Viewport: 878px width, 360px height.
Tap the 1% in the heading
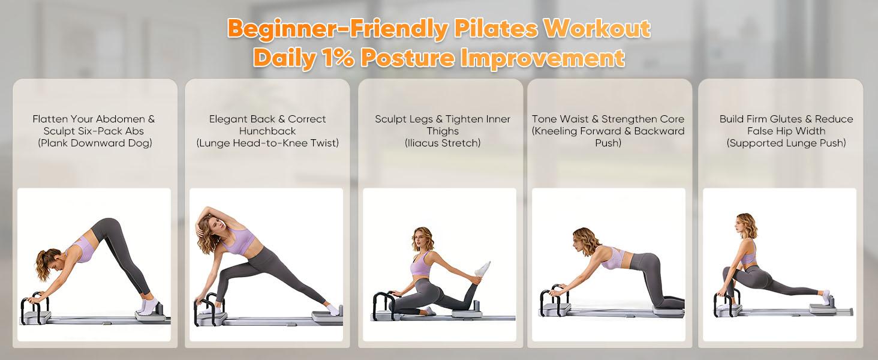pos(338,58)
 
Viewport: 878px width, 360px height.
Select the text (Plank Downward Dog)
pos(95,143)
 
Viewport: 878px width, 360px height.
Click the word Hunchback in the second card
pos(267,131)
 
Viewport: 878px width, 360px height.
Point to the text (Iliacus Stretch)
pos(443,143)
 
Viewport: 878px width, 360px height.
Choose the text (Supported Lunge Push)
pos(786,143)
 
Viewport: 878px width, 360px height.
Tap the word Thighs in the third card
pos(443,131)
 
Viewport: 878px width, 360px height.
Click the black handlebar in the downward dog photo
pos(35,307)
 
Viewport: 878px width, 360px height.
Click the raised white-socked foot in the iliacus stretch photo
pos(482,270)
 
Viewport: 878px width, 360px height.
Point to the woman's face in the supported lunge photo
pos(739,226)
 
